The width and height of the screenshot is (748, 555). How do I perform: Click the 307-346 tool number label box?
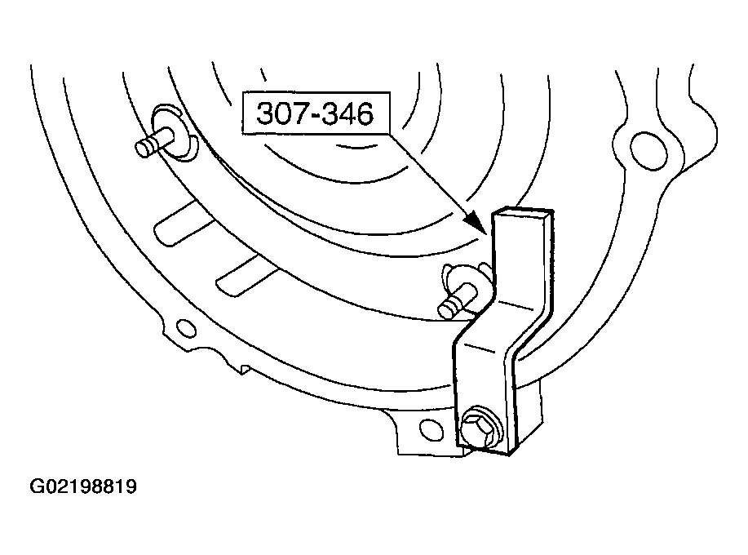coord(316,113)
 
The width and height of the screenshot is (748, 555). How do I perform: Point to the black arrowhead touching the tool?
coord(477,221)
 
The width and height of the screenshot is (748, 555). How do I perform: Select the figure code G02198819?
coord(83,486)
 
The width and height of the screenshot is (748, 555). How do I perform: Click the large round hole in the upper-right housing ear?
coord(648,151)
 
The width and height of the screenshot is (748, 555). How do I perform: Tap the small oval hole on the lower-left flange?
coord(185,328)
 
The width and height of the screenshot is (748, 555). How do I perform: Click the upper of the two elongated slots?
coord(183,222)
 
